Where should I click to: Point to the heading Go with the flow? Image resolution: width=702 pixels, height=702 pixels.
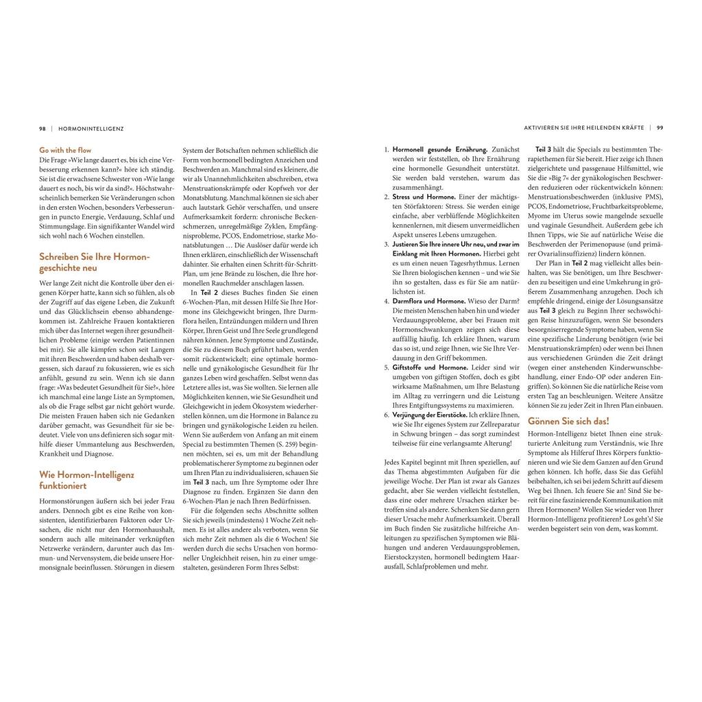tap(65, 150)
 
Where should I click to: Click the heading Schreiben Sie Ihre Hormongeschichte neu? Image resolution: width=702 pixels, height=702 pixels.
tap(94, 262)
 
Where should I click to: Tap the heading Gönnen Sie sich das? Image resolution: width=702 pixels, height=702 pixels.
tap(568, 421)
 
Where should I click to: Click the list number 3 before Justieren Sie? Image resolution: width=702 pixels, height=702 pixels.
tap(387, 244)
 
